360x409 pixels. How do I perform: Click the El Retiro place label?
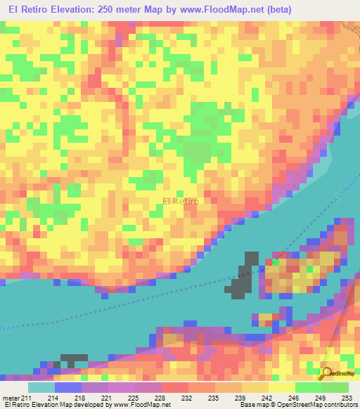pyautogui.click(x=181, y=201)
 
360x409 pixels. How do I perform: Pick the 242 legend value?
pyautogui.click(x=266, y=398)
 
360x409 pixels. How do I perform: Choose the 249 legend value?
pyautogui.click(x=320, y=398)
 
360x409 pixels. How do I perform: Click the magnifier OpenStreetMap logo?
pyautogui.click(x=326, y=374)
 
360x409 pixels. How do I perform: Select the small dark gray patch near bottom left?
pyautogui.click(x=74, y=359)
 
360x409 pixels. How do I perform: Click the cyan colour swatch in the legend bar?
pyautogui.click(x=41, y=387)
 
